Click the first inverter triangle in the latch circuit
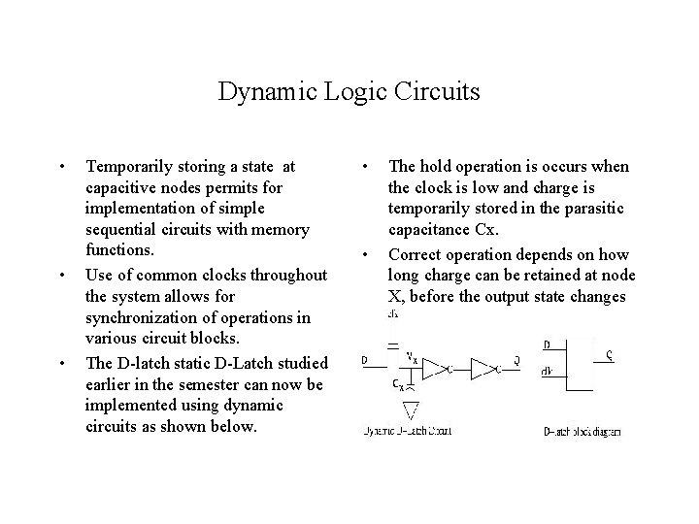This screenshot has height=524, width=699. [x=435, y=367]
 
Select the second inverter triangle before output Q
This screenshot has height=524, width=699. [x=483, y=367]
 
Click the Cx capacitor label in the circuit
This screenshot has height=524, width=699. [x=399, y=384]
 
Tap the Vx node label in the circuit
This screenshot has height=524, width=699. [x=412, y=355]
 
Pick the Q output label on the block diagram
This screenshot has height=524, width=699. [x=609, y=354]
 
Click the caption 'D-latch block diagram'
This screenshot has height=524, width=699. [x=582, y=431]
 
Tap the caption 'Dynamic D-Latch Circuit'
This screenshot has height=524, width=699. [x=407, y=431]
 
